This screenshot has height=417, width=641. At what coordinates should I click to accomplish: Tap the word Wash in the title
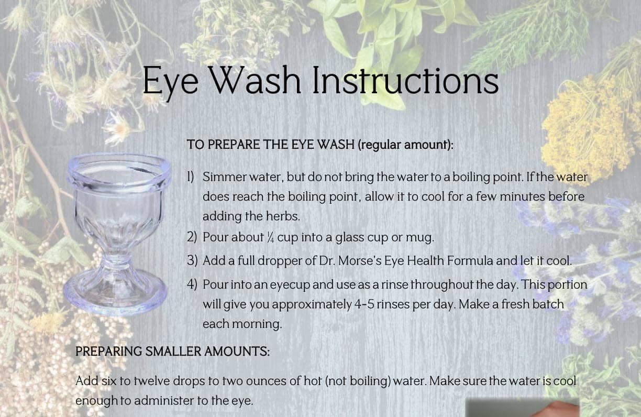(257, 81)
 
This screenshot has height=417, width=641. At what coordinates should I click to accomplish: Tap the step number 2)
(192, 237)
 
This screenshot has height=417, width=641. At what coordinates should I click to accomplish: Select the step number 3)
(192, 260)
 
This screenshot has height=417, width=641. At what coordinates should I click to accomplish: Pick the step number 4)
(192, 284)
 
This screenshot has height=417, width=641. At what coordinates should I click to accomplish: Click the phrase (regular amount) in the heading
(405, 145)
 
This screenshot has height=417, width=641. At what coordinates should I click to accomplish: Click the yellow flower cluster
(587, 126)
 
